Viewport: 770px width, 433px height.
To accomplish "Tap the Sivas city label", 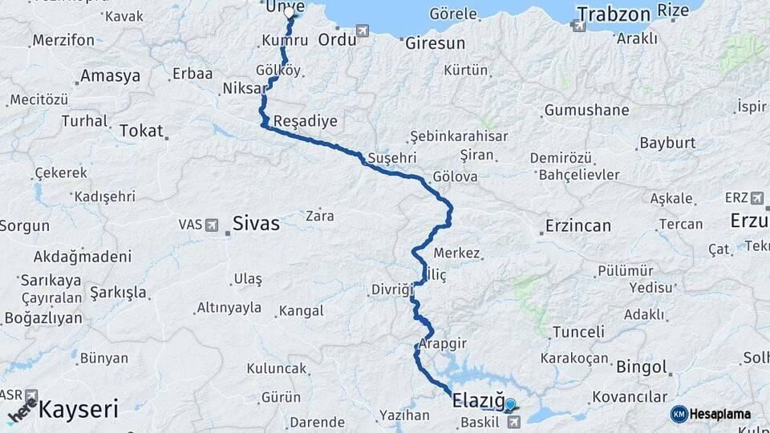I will (x=256, y=224).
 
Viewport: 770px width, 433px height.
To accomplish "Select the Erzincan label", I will (x=577, y=225).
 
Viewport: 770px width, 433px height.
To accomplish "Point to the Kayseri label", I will (x=78, y=410).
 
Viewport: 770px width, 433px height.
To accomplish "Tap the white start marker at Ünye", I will (x=290, y=13).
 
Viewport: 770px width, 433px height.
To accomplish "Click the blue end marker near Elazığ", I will (x=510, y=405).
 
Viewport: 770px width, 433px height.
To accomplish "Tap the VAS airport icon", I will (x=211, y=225).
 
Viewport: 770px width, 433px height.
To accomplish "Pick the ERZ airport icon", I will (x=757, y=197).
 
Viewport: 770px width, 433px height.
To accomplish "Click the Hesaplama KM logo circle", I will (x=679, y=414).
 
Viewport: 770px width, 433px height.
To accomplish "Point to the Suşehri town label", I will (x=389, y=157).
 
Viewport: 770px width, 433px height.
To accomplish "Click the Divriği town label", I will (x=391, y=289).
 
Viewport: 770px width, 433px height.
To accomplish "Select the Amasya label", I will (x=110, y=76).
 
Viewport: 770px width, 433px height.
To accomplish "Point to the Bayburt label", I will (x=665, y=144).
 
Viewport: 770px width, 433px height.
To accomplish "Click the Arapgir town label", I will (x=442, y=342).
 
